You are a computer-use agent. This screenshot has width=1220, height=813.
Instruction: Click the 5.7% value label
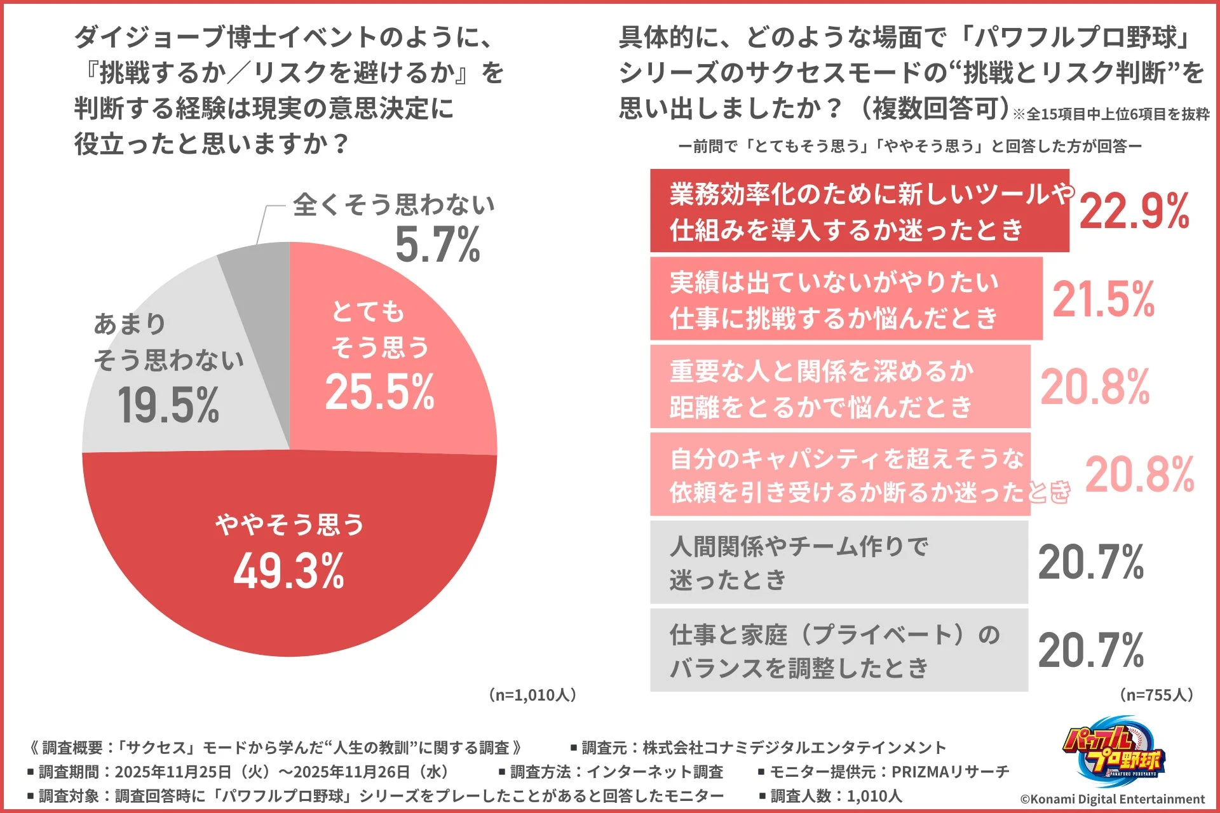tap(437, 245)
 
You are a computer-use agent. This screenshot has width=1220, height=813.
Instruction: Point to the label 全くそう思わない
tap(393, 205)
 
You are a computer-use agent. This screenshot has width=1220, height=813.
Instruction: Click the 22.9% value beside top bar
tap(1134, 211)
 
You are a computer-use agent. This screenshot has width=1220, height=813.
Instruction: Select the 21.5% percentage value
tap(1103, 299)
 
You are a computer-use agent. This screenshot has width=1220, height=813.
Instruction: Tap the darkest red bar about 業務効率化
tap(858, 211)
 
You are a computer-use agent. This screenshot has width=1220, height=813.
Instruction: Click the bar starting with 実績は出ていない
tap(845, 299)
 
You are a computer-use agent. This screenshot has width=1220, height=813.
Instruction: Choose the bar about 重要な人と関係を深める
tap(839, 387)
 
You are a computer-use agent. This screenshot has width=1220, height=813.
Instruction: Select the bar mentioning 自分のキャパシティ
tap(839, 474)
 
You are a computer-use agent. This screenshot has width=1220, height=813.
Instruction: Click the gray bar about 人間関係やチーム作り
tap(839, 562)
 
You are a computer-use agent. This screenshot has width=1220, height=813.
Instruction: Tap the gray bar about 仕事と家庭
tap(839, 650)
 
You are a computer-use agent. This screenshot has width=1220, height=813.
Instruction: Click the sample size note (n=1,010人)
tap(533, 695)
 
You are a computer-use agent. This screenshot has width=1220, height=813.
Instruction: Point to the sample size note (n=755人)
tap(1156, 695)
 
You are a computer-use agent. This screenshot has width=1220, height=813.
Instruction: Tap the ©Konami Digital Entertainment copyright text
tap(1112, 799)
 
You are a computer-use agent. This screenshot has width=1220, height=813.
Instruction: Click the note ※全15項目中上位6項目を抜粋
tap(1111, 114)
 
